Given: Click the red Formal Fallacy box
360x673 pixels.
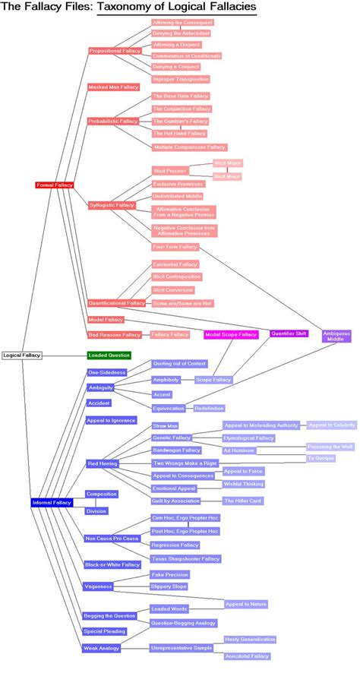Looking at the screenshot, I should (55, 185).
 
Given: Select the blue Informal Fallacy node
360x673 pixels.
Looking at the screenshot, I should (52, 503).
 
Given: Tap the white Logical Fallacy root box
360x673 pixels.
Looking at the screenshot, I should (22, 355).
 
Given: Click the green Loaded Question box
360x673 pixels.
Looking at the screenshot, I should (109, 355).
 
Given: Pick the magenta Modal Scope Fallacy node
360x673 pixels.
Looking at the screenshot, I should (232, 334).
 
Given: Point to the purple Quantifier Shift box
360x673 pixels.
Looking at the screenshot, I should (289, 333).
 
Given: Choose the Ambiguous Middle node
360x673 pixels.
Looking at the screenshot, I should (336, 336).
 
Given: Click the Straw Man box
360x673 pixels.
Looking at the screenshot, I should (165, 426).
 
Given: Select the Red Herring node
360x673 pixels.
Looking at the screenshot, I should (102, 463).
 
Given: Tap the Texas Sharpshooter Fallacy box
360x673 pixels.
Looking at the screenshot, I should (185, 559).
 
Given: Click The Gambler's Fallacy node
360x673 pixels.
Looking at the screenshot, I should (180, 122).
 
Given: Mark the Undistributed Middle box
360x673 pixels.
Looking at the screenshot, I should (177, 196).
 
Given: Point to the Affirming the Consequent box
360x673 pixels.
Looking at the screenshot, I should (182, 23).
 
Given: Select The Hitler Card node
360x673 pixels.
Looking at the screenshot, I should (242, 501).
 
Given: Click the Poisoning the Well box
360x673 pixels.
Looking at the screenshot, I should (330, 447).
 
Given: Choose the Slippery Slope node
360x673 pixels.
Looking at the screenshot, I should (169, 586).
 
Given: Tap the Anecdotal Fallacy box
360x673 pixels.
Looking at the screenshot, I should (247, 656).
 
